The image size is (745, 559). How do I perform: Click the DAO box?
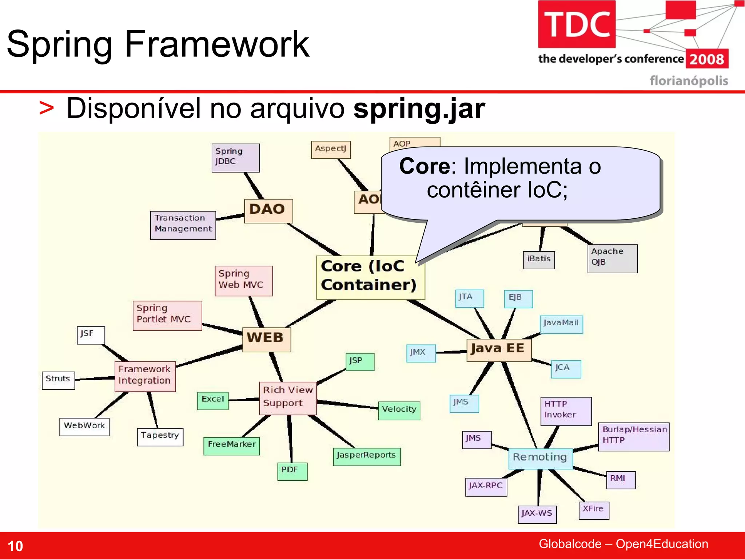268,211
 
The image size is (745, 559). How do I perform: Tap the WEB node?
266,339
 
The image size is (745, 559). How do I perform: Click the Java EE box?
498,350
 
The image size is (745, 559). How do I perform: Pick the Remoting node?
540,458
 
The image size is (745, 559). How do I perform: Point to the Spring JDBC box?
235,158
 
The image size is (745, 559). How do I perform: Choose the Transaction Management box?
183,225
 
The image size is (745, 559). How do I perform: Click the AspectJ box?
331,150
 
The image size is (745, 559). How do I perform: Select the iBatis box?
539,259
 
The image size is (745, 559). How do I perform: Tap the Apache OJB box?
612,258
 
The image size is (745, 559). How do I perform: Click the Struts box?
58,380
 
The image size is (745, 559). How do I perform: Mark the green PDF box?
292,471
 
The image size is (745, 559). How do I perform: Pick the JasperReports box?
366,456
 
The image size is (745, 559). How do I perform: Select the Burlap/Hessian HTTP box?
633,436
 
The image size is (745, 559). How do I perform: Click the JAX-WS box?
537,514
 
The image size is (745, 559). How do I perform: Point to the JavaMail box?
561,324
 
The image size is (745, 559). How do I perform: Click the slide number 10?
15,546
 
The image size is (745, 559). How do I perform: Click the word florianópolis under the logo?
689,80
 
